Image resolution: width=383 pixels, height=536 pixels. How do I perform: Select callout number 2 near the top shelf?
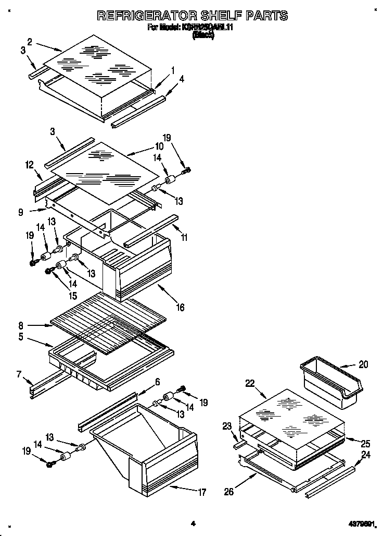tap(30, 42)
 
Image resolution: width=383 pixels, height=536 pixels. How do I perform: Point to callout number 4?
tap(182, 79)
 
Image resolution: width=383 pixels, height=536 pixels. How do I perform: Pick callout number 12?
tap(29, 165)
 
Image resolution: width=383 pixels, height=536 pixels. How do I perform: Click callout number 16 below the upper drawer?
tap(180, 307)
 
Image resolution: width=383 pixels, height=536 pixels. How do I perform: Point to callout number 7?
tap(19, 374)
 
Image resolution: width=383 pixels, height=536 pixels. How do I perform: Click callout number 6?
tap(157, 382)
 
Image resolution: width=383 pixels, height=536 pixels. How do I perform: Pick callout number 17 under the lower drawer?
tap(202, 492)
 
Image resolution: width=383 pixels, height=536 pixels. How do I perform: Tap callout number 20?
tap(363, 364)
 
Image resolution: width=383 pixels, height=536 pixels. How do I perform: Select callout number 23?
tap(226, 425)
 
